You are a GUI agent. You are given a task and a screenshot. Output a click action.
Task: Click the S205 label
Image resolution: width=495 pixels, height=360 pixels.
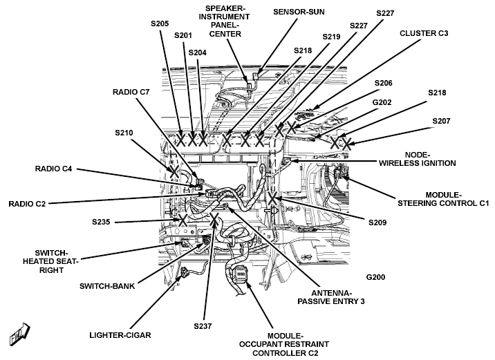160,23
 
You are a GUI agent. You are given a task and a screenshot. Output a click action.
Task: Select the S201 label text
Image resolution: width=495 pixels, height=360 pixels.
183,35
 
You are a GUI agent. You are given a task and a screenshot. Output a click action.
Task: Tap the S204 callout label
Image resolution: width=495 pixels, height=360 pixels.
197,53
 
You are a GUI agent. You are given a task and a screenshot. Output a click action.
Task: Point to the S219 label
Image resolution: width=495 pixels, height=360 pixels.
331,37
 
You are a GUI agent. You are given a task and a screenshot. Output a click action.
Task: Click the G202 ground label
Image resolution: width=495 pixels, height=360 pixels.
382,102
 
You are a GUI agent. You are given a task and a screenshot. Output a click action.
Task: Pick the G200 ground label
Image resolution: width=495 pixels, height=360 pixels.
375,277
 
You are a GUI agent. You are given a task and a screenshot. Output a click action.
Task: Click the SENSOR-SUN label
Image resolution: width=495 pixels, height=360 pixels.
299,12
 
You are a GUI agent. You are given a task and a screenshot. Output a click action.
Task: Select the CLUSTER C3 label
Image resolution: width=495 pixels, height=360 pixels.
424,33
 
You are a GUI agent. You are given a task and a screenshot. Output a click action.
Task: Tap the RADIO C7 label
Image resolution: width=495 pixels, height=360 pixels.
131,92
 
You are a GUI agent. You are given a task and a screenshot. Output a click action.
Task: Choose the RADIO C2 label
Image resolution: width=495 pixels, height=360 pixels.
27,204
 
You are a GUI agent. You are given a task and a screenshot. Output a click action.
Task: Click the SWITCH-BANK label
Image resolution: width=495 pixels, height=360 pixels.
107,286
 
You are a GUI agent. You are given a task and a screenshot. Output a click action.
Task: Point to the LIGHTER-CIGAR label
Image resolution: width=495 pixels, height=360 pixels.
120,335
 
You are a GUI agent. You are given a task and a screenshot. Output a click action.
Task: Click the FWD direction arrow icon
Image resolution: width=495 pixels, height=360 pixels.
19,334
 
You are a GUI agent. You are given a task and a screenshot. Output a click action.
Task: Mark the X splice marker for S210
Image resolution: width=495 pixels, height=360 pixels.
174,171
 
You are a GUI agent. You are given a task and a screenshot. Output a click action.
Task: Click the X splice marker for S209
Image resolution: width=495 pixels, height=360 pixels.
272,198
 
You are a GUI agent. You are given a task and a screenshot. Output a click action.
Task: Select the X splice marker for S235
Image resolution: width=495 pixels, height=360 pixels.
183,219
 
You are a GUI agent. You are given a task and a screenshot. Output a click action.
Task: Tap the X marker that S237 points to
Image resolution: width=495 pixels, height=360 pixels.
214,218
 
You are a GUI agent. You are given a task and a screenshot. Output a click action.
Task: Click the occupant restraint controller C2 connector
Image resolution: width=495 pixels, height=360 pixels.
241,273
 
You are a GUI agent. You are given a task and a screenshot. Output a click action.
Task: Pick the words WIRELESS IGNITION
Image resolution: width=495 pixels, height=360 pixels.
418,164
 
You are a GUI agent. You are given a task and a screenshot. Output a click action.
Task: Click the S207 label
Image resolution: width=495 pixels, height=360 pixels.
441,121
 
